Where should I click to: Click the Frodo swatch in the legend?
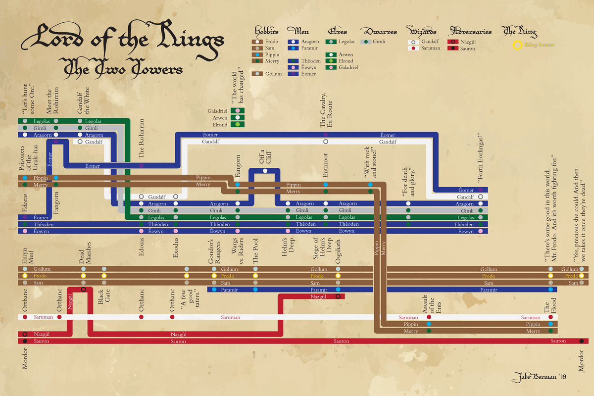click(x=257, y=42)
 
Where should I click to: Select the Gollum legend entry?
click(x=257, y=74)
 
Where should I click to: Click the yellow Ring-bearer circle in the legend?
click(x=516, y=46)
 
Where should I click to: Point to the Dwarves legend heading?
click(x=379, y=32)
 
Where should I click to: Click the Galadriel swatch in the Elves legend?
click(x=330, y=67)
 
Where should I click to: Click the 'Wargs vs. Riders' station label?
click(x=238, y=253)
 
